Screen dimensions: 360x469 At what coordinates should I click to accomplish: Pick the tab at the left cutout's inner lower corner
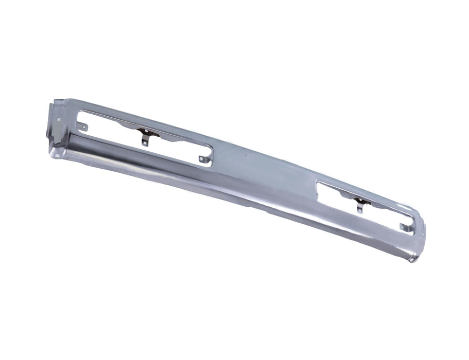(x=202, y=161)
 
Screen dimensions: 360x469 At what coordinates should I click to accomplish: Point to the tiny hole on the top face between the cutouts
(x=244, y=153)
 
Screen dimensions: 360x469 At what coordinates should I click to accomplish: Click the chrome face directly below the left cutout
(x=154, y=165)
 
